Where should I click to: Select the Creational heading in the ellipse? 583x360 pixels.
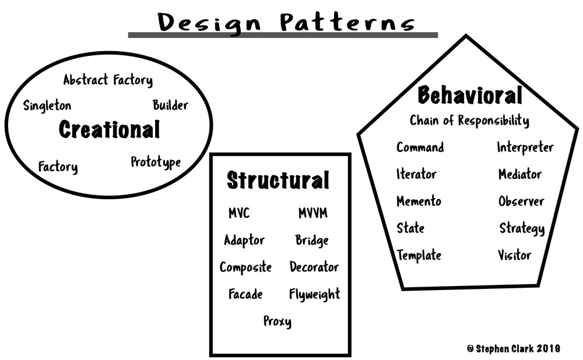click(x=110, y=129)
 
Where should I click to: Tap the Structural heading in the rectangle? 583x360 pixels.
click(x=278, y=180)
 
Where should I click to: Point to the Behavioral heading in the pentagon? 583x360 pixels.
click(x=470, y=95)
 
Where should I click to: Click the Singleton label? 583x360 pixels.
click(x=47, y=106)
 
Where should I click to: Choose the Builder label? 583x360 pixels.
click(x=170, y=105)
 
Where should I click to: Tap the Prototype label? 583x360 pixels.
click(x=156, y=163)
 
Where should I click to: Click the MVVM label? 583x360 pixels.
click(x=313, y=213)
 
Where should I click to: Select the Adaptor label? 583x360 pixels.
click(x=244, y=241)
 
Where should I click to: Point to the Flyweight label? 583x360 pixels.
click(x=315, y=294)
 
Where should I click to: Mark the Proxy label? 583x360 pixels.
click(x=278, y=322)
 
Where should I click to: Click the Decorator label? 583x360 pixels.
click(x=314, y=267)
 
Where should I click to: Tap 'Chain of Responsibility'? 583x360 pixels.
click(x=469, y=121)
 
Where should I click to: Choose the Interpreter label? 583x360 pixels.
click(x=525, y=147)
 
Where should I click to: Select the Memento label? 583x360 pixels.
click(x=419, y=201)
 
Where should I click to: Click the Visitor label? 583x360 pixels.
click(x=515, y=255)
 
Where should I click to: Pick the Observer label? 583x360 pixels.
click(x=521, y=201)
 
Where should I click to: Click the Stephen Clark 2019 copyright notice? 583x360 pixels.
click(x=514, y=348)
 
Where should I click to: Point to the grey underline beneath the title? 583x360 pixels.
click(x=283, y=35)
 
